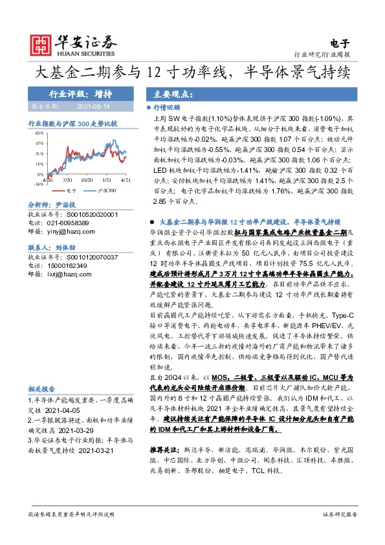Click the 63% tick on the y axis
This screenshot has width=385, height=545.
coord(39,131)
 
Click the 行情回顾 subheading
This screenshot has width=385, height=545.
coord(171,108)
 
